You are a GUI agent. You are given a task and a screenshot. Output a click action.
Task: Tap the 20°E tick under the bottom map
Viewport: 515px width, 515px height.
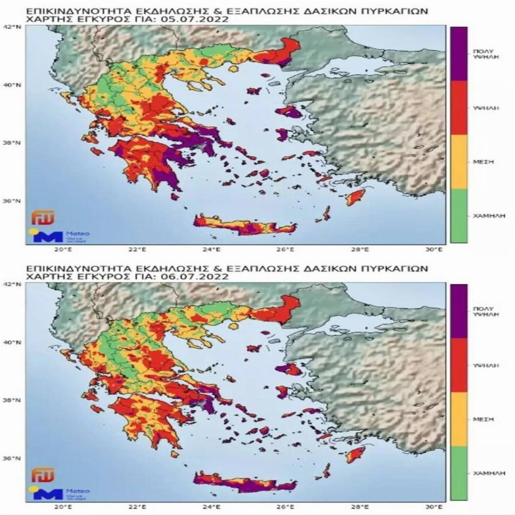[x=62, y=507]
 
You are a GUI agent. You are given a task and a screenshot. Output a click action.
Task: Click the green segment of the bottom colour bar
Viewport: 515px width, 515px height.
[x=458, y=473]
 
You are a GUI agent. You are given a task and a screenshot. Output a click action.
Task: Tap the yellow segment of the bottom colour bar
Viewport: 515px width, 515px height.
[x=458, y=419]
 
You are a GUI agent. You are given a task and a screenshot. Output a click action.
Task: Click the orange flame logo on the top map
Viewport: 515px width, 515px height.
[x=39, y=219]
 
